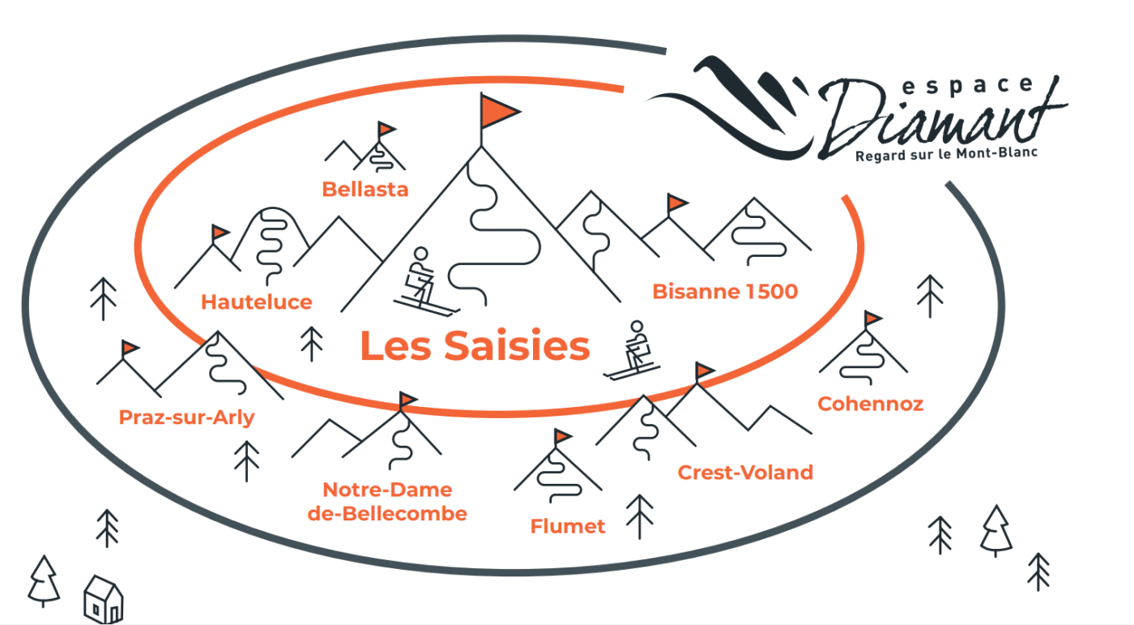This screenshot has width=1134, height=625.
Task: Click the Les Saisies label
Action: (x=475, y=347)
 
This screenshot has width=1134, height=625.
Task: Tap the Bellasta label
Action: (x=364, y=190)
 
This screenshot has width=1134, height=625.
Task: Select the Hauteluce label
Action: (x=256, y=302)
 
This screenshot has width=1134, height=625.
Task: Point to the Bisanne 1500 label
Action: (x=725, y=291)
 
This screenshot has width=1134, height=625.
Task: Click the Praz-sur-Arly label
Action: (x=186, y=417)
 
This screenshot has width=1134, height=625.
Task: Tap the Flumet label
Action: (x=567, y=526)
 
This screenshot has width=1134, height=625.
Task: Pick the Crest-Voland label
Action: (x=744, y=472)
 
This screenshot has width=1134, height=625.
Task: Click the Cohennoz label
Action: (x=870, y=403)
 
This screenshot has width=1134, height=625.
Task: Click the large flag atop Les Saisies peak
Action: (x=497, y=111)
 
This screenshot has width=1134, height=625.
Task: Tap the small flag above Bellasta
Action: (x=386, y=128)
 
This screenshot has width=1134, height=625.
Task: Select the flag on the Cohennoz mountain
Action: (x=872, y=318)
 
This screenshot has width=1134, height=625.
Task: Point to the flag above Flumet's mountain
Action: (x=562, y=436)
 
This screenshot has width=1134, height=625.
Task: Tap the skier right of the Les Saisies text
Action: (x=633, y=350)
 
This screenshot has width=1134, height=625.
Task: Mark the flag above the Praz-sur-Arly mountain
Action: (x=129, y=349)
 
